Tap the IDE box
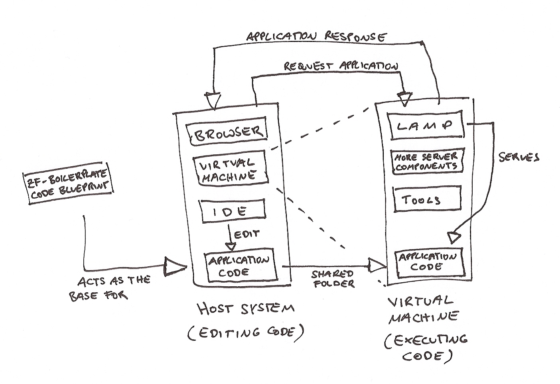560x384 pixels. [x=232, y=211]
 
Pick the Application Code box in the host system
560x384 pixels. [x=240, y=267]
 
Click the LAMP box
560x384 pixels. [x=426, y=126]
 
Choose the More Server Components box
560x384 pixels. [x=426, y=161]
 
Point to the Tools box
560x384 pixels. [x=426, y=199]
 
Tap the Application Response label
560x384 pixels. [x=316, y=37]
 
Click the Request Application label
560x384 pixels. [x=341, y=66]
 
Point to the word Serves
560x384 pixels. [x=519, y=157]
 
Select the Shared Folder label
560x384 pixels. [x=333, y=279]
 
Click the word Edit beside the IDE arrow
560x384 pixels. [x=247, y=234]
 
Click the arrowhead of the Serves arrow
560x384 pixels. [x=454, y=237]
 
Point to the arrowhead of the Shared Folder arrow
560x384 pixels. [x=377, y=265]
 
